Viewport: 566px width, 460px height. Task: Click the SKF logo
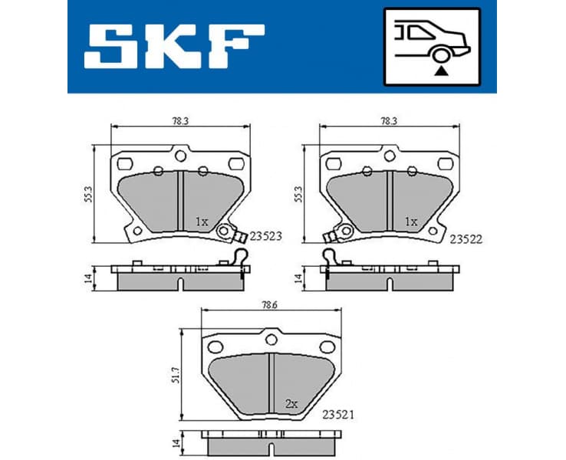pyautogui.click(x=174, y=45)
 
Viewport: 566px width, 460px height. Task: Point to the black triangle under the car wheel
pyautogui.click(x=440, y=71)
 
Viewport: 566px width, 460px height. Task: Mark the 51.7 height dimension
pyautogui.click(x=176, y=374)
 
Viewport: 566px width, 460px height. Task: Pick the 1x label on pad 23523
pyautogui.click(x=201, y=222)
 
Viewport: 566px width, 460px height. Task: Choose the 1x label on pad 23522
pyautogui.click(x=411, y=222)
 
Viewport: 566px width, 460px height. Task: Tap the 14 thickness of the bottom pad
pyautogui.click(x=175, y=442)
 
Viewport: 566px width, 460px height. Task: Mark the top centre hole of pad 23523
pyautogui.click(x=180, y=156)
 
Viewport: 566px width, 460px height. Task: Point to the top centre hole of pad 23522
pyautogui.click(x=390, y=156)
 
